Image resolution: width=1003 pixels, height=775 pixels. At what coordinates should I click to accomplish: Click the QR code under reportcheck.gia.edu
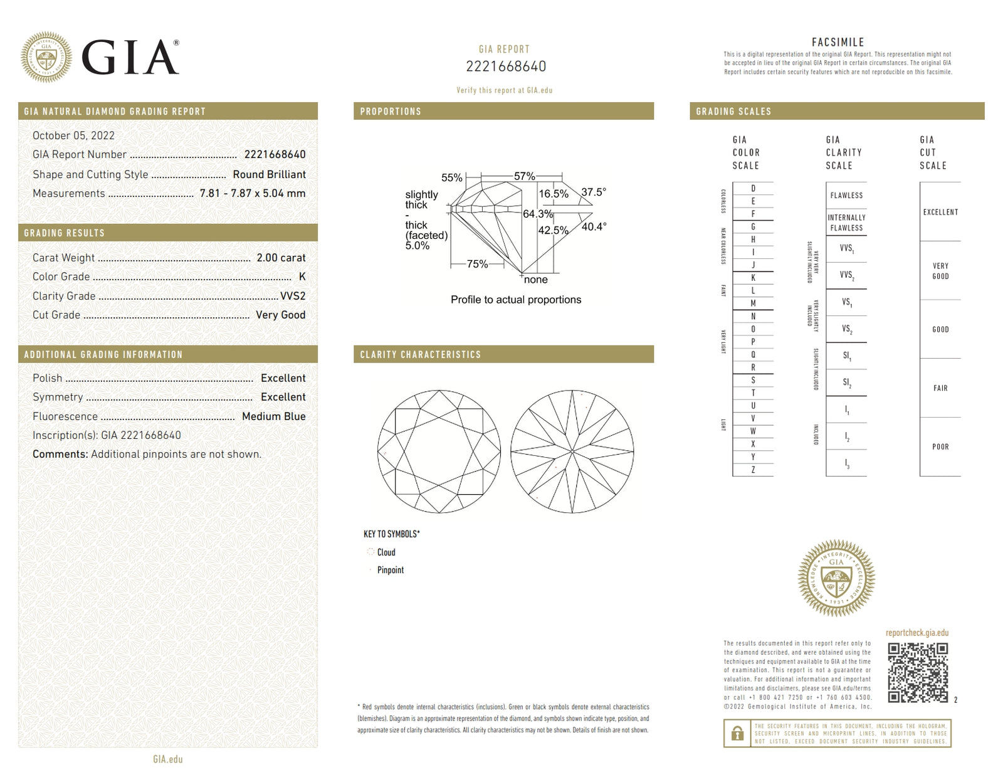918,672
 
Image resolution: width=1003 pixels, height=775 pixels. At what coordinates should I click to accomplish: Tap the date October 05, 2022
73,135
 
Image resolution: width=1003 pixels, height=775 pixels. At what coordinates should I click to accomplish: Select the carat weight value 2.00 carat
281,258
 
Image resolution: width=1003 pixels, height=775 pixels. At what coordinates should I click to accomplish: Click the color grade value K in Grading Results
302,277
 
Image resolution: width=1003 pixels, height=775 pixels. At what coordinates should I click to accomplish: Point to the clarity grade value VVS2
293,296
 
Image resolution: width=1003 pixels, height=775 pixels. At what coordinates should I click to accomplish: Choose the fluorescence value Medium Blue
273,416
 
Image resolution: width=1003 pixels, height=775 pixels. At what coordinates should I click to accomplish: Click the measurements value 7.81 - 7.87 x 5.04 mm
252,193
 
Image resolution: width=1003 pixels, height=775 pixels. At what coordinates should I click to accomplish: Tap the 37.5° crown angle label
594,192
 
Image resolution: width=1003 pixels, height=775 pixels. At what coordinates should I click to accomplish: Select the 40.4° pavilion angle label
594,226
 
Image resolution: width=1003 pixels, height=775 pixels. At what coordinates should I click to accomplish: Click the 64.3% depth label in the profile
538,214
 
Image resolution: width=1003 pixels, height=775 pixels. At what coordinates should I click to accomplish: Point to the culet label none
535,280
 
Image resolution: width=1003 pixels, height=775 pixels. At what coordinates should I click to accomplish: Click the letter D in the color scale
753,189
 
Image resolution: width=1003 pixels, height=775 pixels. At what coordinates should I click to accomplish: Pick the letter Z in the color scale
753,470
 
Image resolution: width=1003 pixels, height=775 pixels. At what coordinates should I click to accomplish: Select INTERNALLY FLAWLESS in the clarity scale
846,223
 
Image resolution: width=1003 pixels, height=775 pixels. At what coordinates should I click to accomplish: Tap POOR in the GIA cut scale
940,447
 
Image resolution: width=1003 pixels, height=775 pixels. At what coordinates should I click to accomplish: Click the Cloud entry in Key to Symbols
386,552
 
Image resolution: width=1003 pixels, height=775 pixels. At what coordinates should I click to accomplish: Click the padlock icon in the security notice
738,733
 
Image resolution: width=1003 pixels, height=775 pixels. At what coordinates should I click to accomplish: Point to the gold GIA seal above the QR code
836,577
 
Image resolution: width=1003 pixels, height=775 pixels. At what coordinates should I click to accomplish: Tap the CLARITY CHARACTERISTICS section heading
420,355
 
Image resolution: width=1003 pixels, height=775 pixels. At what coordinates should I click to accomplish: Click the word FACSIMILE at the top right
838,43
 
